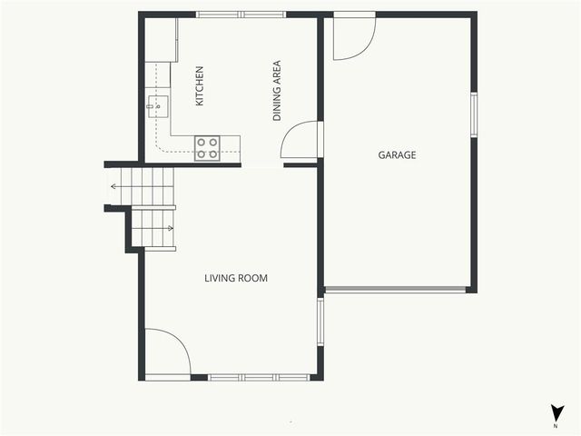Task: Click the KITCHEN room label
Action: [200, 85]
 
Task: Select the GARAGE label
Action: [397, 155]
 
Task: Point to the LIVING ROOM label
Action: [236, 278]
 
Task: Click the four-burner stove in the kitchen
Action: [208, 148]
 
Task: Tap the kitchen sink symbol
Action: [155, 106]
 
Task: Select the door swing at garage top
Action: [352, 37]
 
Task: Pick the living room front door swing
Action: [166, 353]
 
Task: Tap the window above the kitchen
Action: [241, 15]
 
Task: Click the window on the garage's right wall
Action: [473, 114]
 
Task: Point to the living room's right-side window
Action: [320, 322]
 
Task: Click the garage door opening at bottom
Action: [396, 290]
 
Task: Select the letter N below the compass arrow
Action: [556, 424]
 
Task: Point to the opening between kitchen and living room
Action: [262, 165]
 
